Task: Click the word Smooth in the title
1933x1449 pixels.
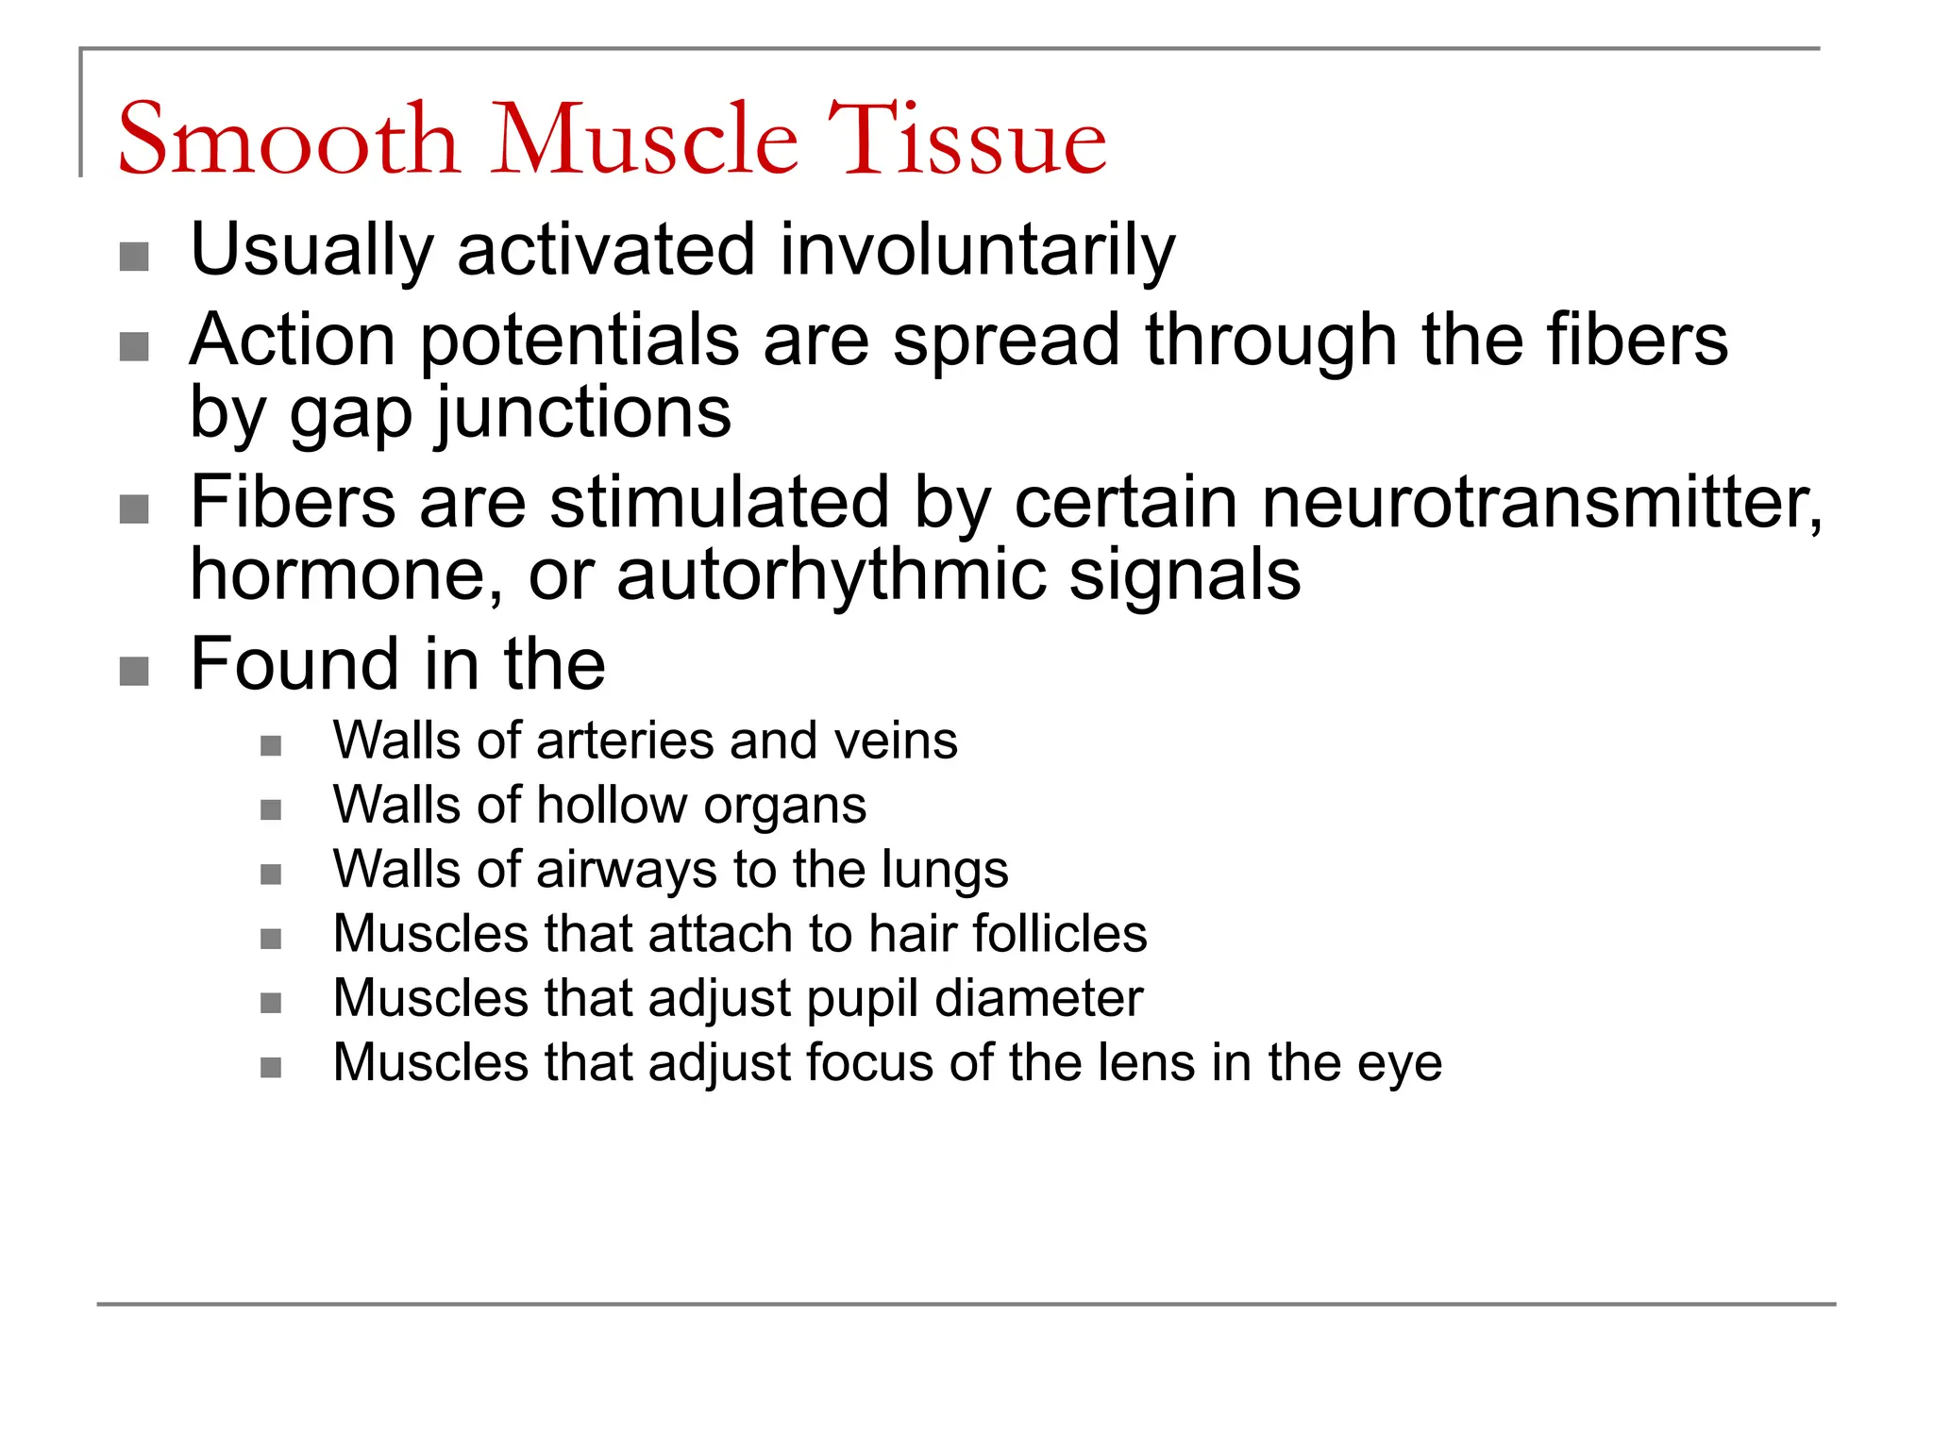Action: [x=288, y=140]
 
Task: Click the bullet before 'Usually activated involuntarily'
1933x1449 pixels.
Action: [x=134, y=257]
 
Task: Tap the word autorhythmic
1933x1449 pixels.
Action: [x=831, y=575]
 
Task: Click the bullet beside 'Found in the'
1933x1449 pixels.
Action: [x=134, y=672]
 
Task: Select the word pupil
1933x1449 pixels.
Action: [x=864, y=999]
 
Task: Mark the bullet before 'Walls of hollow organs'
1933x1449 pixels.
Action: [x=271, y=810]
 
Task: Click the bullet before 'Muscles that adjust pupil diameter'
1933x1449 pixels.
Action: [x=271, y=1003]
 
